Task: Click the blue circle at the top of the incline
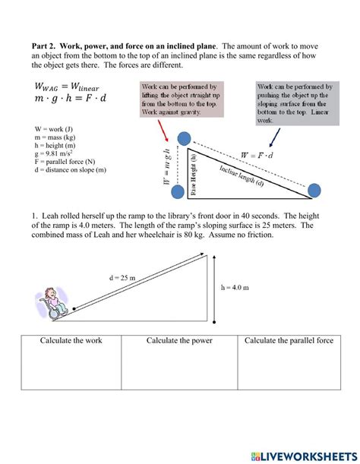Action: [x=185, y=137]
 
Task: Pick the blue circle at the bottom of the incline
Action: [x=313, y=187]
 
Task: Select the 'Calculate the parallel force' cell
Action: [x=289, y=341]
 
